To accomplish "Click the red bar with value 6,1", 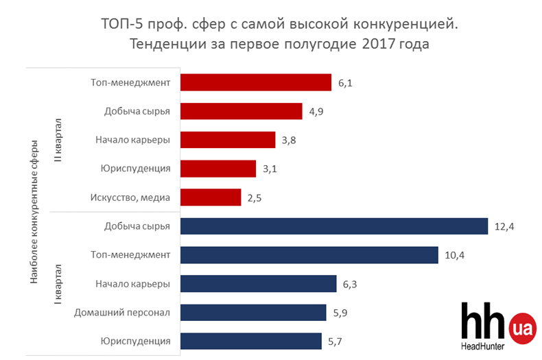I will pos(255,83).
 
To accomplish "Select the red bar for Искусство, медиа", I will pos(211,198).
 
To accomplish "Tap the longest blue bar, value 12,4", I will pos(333,226).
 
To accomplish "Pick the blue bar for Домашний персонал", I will pos(252,313).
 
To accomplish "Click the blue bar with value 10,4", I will pos(309,255).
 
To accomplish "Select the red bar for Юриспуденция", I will pos(217,169).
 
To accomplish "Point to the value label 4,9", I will pos(316,112).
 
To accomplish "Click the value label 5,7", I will pos(335,341).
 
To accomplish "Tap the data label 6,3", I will pos(351,284).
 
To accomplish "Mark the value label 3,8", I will pos(289,141).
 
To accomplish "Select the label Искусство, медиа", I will pos(130,198).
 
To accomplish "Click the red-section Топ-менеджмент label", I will pos(130,83).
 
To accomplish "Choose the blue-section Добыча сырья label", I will pos(137,226).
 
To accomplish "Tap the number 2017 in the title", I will pos(377,45).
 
